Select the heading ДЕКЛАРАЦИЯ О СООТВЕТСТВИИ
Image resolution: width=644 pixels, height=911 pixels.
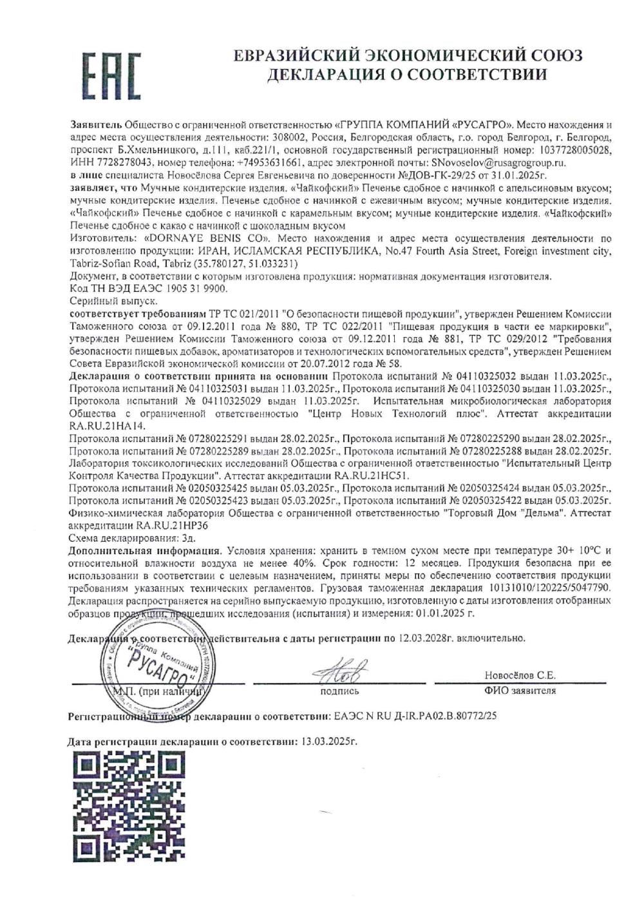pyautogui.click(x=408, y=74)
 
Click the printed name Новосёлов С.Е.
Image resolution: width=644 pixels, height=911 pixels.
pyautogui.click(x=520, y=675)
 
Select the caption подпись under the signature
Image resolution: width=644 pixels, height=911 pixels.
pyautogui.click(x=339, y=691)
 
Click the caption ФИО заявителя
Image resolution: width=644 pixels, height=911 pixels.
pyautogui.click(x=520, y=691)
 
